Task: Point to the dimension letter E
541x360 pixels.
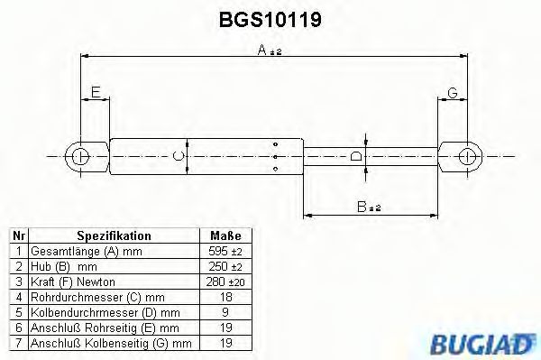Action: [x=95, y=91]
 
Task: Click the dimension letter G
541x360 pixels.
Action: [x=453, y=91]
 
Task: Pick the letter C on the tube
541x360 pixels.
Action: [x=179, y=157]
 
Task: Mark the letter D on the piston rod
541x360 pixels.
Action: [x=355, y=157]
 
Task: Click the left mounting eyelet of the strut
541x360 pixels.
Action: [x=80, y=156]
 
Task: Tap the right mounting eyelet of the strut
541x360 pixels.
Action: [x=466, y=157]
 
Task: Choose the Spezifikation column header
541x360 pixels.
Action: [x=114, y=235]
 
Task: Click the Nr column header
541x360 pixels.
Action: [x=17, y=235]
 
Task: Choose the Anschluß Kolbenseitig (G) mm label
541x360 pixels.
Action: [x=110, y=344]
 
